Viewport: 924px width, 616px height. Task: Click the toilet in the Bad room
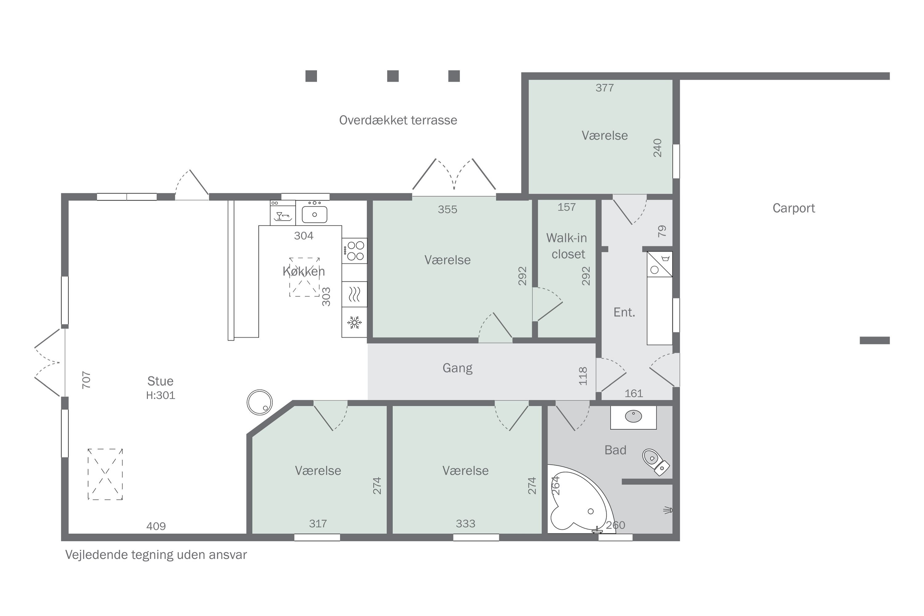656,462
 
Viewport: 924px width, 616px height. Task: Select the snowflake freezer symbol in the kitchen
355,322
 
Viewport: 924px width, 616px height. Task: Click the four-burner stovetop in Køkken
355,251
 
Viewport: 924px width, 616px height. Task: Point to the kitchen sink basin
314,214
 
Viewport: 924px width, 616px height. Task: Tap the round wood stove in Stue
260,402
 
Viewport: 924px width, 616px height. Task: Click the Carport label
794,208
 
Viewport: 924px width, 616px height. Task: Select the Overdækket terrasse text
398,120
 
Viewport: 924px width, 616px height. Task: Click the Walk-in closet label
567,246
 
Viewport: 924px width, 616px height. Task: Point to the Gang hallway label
457,368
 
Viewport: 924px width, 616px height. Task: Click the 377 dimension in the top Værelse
605,87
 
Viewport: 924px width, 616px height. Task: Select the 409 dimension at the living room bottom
156,526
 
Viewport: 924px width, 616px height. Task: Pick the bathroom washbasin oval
633,416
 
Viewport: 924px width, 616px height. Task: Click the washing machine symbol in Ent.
660,264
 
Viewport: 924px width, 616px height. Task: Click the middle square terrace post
393,76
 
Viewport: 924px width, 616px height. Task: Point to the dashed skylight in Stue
105,474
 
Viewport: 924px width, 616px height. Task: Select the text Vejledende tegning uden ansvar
156,555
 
